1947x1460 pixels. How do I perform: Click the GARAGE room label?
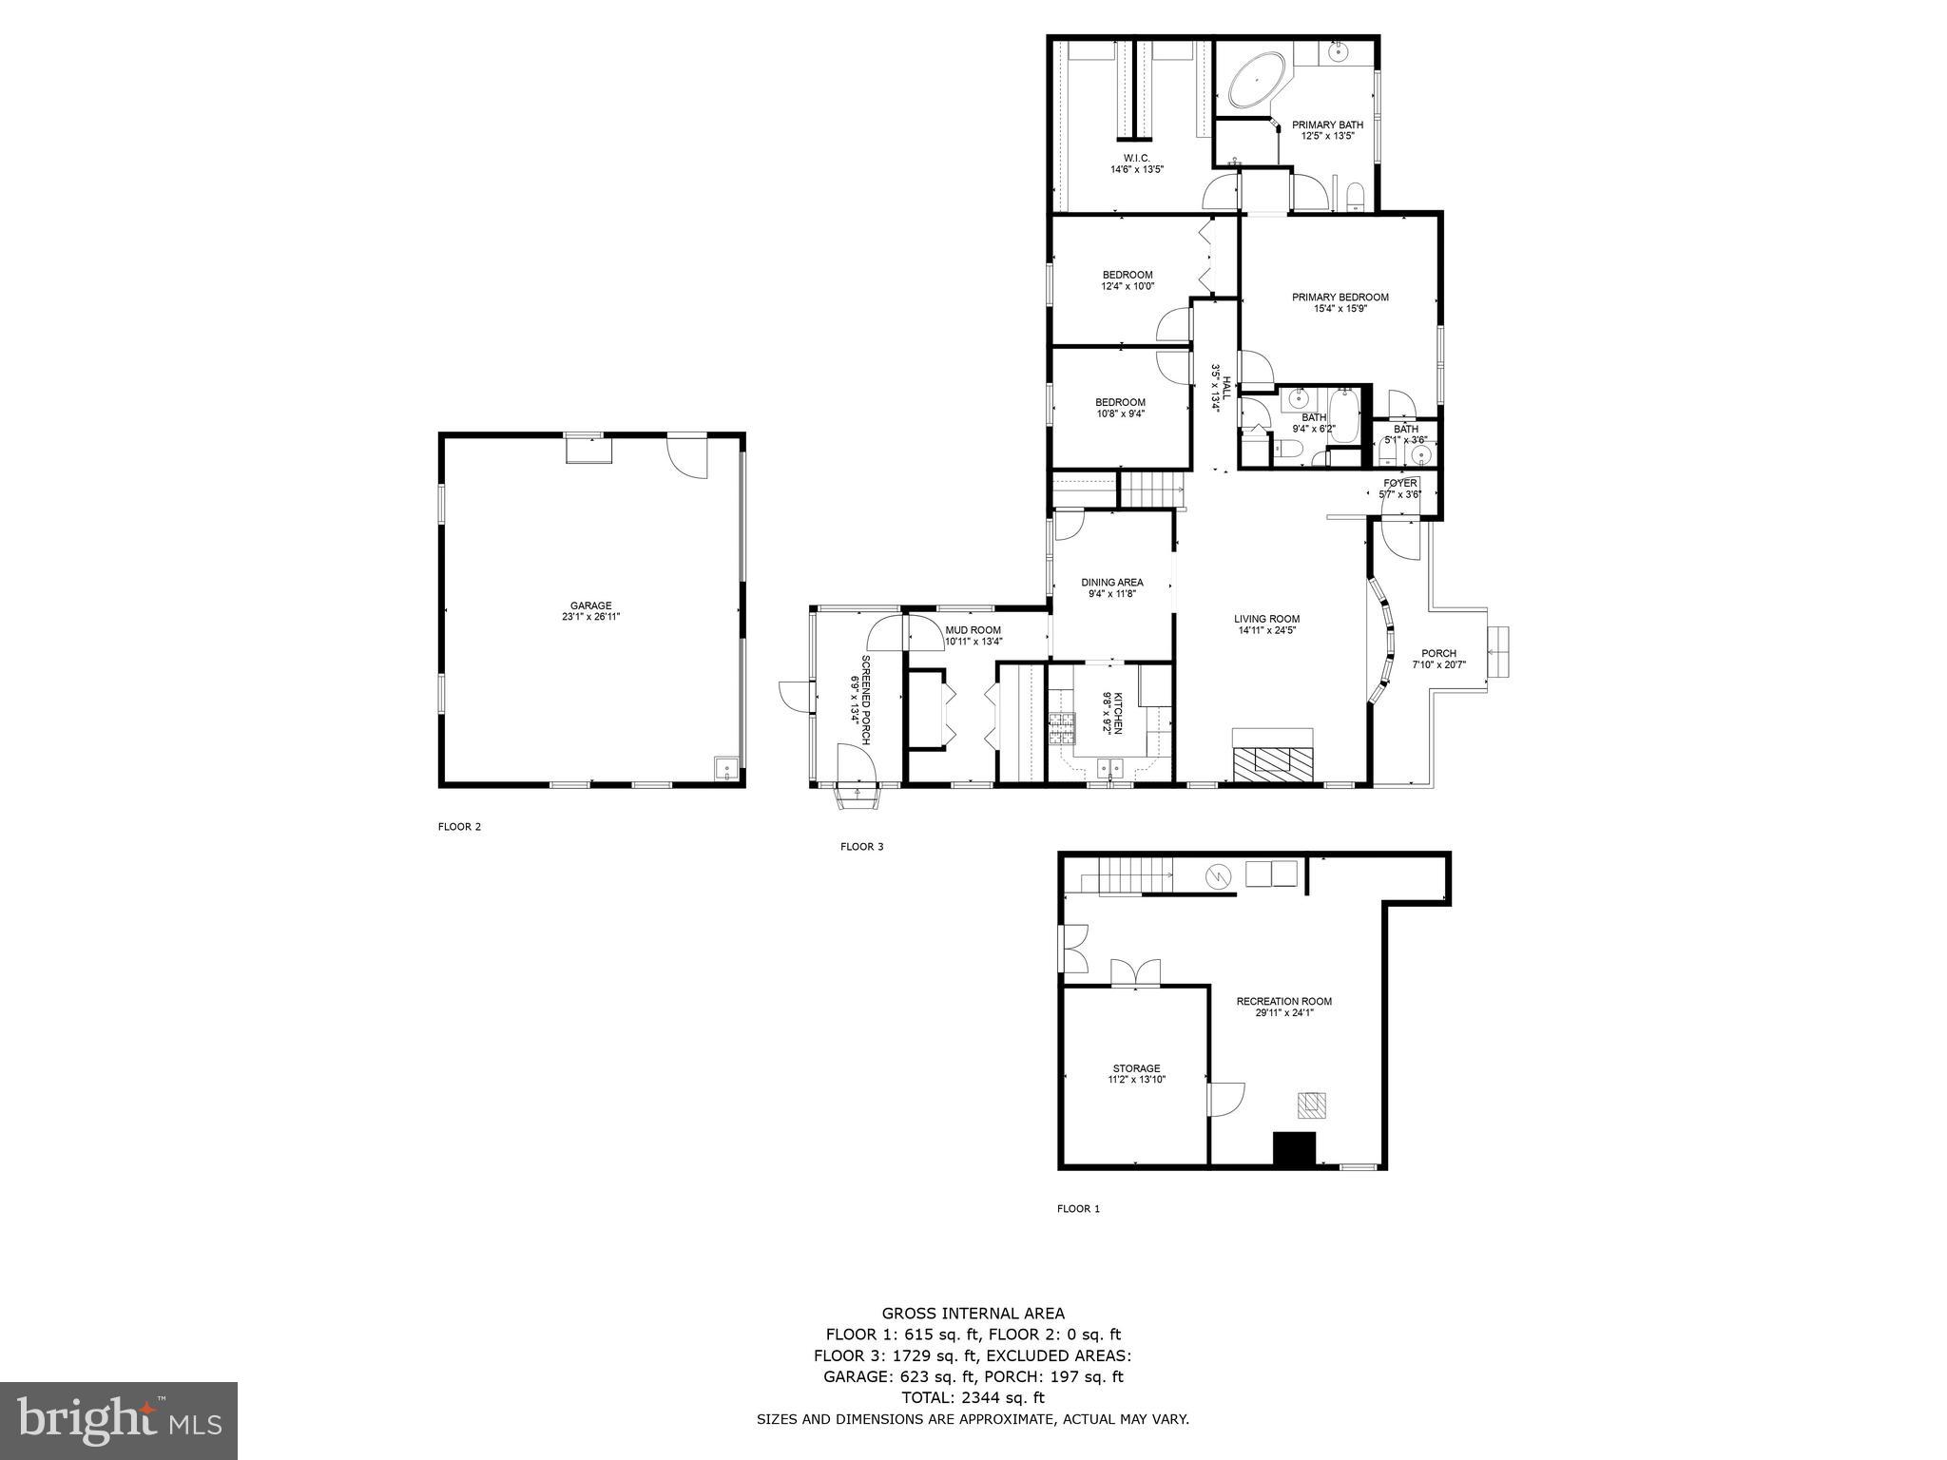click(x=590, y=605)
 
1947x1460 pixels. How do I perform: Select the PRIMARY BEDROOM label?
click(x=1340, y=298)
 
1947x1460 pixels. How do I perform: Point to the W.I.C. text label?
click(x=1136, y=158)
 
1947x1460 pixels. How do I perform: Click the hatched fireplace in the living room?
click(x=1272, y=761)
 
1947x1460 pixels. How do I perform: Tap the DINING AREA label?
click(x=1111, y=583)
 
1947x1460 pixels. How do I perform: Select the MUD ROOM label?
click(x=973, y=629)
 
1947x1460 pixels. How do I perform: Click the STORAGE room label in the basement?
click(x=1136, y=1068)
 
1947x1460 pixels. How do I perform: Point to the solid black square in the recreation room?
click(x=1294, y=1148)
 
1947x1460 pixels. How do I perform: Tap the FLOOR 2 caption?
click(x=459, y=827)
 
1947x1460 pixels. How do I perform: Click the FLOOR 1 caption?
click(x=1078, y=1209)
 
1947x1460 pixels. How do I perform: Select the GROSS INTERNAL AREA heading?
click(x=973, y=1315)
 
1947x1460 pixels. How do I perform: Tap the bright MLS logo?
click(x=119, y=1421)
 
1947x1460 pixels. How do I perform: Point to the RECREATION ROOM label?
click(x=1283, y=1001)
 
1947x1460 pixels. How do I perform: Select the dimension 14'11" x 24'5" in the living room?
click(x=1267, y=630)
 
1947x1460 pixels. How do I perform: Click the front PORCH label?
click(x=1438, y=653)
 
